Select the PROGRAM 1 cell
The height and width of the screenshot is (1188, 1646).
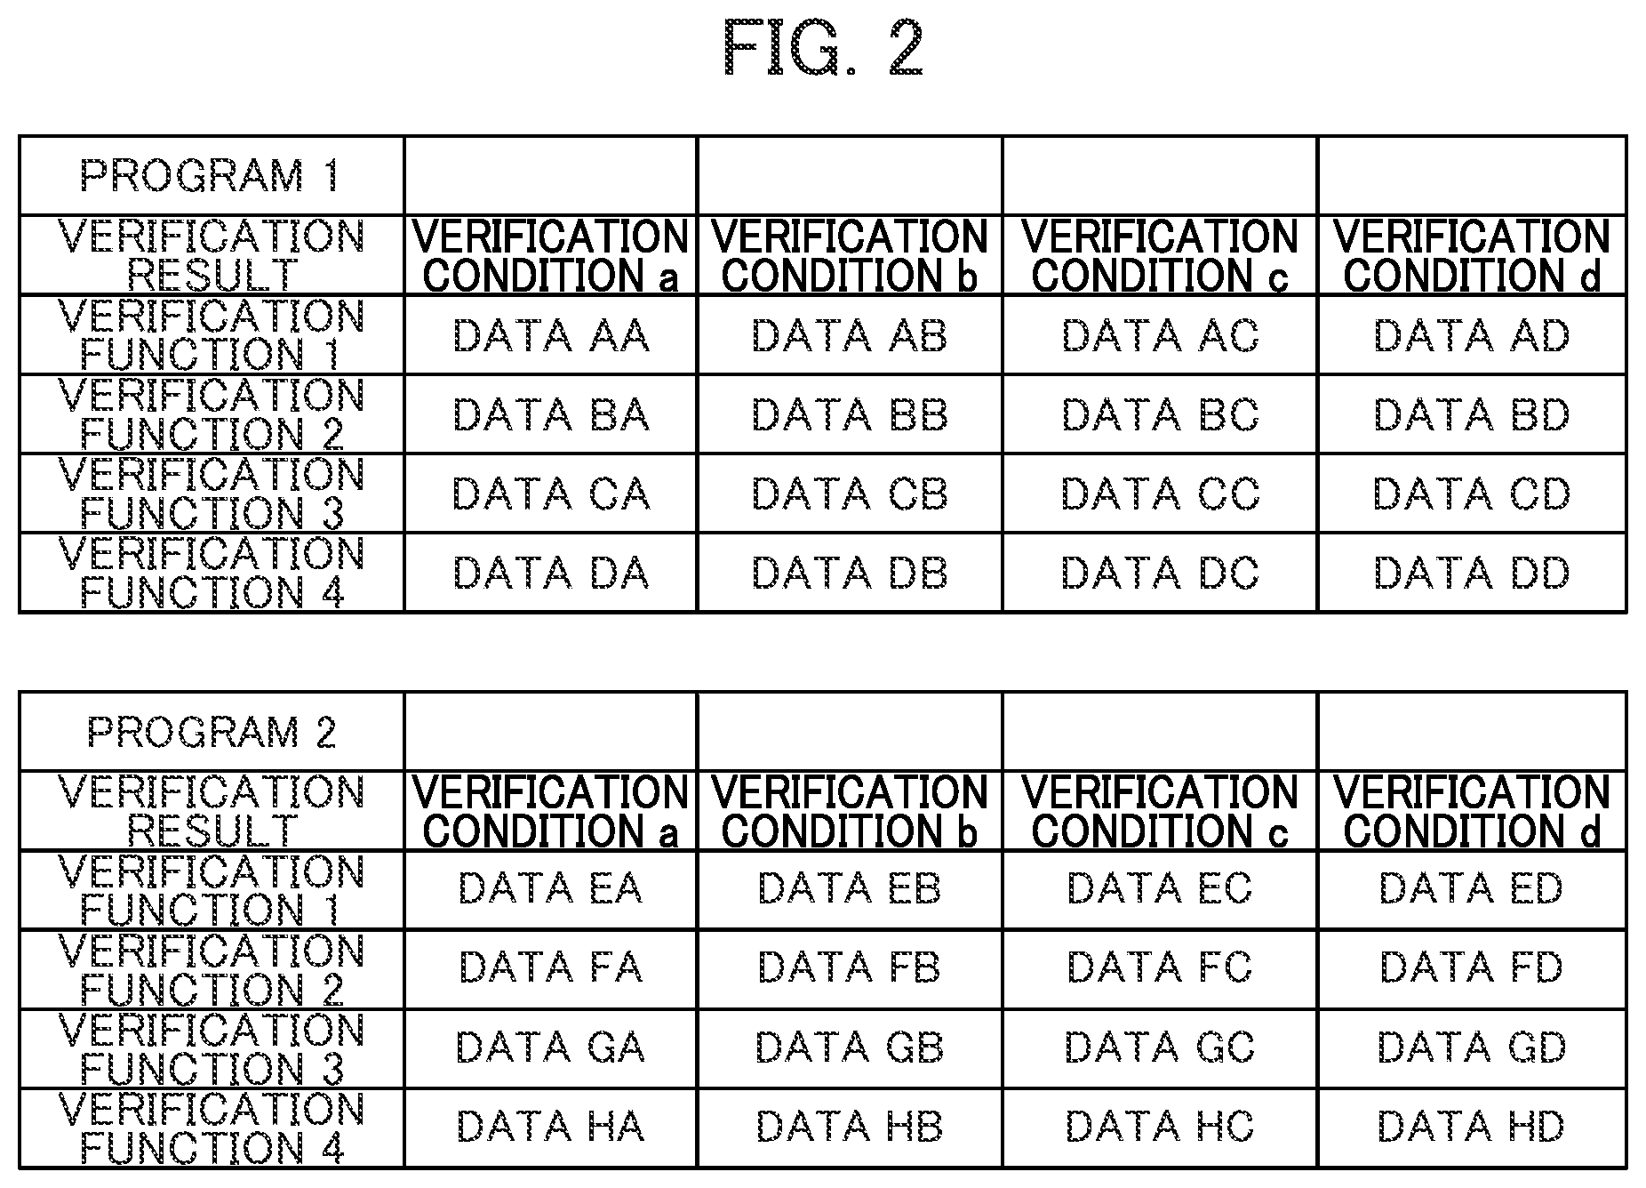(x=212, y=175)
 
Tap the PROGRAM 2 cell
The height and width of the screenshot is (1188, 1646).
(x=212, y=732)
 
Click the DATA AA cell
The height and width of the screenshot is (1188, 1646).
(x=551, y=335)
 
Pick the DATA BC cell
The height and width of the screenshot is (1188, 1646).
(x=1160, y=414)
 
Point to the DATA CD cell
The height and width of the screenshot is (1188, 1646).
(x=1472, y=494)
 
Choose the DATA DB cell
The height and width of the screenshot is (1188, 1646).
(x=850, y=573)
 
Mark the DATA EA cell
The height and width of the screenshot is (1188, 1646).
(x=551, y=888)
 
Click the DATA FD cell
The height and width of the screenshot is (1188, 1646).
(x=1472, y=967)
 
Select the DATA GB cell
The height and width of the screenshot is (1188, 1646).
(x=850, y=1048)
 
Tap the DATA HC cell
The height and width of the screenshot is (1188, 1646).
(x=1160, y=1127)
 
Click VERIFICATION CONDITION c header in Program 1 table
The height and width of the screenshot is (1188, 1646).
(x=1160, y=255)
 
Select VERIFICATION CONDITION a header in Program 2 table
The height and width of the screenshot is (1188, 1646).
(x=551, y=811)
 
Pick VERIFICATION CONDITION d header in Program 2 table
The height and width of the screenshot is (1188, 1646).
(x=1472, y=811)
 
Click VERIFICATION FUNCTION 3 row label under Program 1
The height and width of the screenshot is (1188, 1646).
(x=212, y=494)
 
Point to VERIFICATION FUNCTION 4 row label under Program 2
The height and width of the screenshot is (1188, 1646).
(x=212, y=1127)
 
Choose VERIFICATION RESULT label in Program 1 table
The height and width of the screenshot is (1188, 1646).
(x=212, y=255)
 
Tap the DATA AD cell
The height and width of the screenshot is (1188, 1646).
(x=1472, y=335)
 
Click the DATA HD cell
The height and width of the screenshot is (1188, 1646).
(x=1472, y=1127)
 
